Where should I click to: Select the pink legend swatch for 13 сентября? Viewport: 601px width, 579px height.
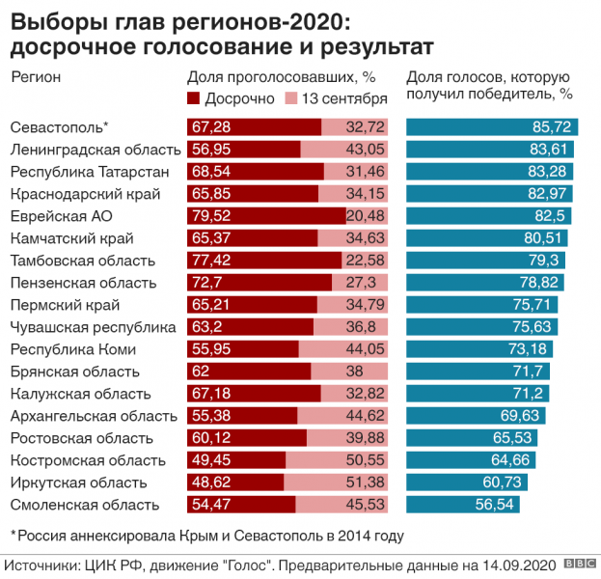pyautogui.click(x=291, y=98)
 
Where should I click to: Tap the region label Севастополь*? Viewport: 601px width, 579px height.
pyautogui.click(x=59, y=127)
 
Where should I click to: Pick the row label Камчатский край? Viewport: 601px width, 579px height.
pyautogui.click(x=71, y=237)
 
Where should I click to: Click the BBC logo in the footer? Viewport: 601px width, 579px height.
pyautogui.click(x=579, y=563)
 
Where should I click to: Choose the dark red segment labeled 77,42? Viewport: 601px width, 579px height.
pyautogui.click(x=263, y=260)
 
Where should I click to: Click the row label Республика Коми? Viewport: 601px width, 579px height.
pyautogui.click(x=73, y=348)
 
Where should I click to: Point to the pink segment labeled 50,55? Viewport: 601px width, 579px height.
pyautogui.click(x=338, y=459)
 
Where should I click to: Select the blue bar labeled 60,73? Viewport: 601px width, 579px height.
pyautogui.click(x=470, y=482)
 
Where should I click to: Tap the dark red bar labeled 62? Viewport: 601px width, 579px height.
pyautogui.click(x=249, y=371)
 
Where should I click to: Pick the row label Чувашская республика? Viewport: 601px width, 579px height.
pyautogui.click(x=93, y=326)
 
